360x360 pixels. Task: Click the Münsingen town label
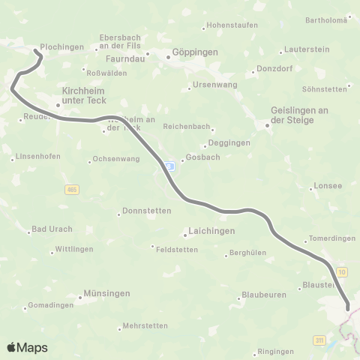click(107, 292)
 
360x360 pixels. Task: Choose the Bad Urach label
click(47, 229)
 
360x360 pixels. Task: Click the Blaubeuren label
click(264, 295)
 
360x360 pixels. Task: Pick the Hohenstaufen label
click(232, 25)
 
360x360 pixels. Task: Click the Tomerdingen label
click(331, 238)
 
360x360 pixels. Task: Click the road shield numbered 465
click(71, 189)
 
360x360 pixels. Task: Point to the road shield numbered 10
click(342, 270)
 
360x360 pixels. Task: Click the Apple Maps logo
click(27, 347)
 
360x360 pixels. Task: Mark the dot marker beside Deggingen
click(205, 146)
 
